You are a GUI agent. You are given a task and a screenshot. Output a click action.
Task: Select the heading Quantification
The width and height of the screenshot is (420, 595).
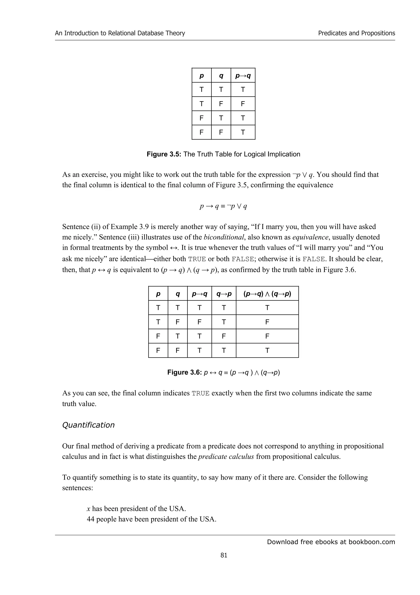88,425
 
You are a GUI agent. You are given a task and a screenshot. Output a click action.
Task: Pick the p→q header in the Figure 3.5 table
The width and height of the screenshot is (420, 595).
243,76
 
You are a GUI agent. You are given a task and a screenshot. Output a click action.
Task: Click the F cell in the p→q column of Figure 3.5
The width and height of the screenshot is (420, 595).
243,104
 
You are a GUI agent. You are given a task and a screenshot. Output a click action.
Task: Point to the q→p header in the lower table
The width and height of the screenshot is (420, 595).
224,294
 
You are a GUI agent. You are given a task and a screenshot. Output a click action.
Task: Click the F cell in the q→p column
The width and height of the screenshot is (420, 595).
224,336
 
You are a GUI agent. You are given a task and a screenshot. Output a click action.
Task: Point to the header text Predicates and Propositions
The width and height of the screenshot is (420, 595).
356,33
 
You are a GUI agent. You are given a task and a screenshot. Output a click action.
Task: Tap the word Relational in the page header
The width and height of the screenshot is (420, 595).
123,33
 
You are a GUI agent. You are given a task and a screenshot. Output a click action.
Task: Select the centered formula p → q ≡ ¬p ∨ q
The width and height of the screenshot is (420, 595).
223,206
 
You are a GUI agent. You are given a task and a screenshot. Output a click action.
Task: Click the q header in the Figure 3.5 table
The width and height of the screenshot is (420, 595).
221,76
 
